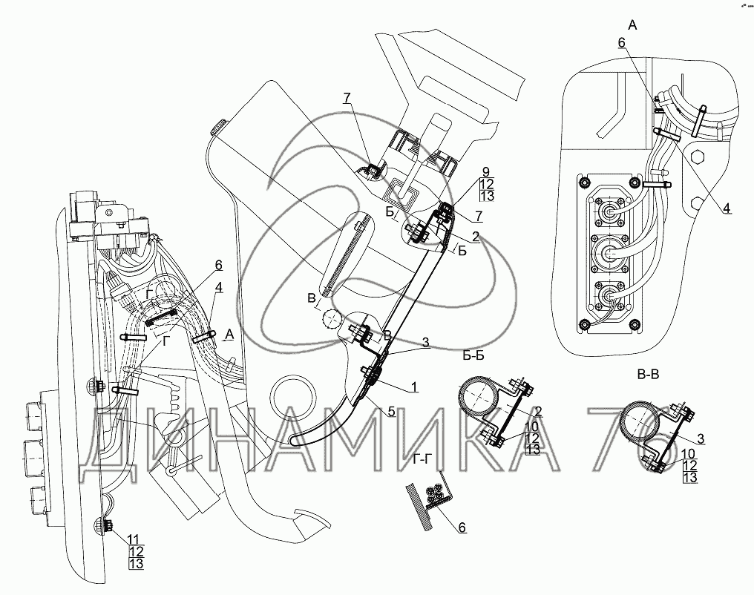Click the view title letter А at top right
point(633,25)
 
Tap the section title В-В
point(648,375)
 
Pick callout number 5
point(391,411)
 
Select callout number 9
point(485,171)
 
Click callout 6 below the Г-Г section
point(462,527)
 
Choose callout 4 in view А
point(727,208)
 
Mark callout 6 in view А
point(621,43)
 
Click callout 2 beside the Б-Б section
point(539,411)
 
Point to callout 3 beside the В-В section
point(701,438)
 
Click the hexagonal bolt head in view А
point(698,157)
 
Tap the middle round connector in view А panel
point(607,252)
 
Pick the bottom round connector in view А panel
point(607,295)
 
